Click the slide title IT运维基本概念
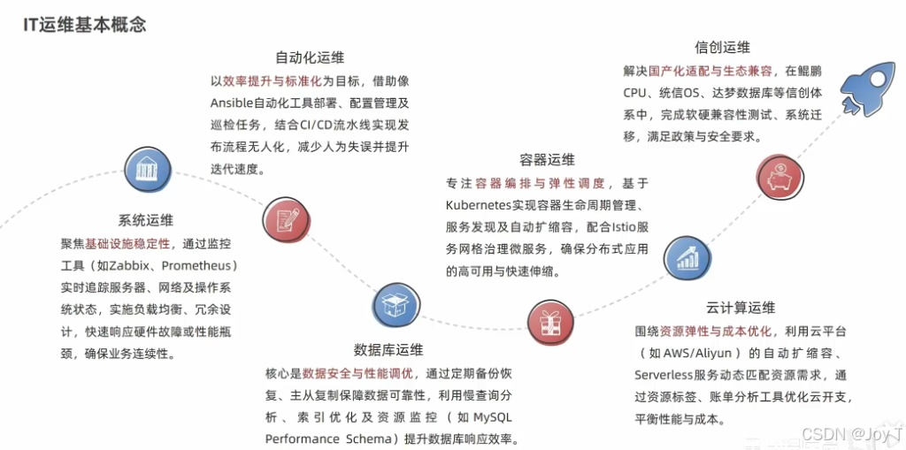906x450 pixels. coord(85,24)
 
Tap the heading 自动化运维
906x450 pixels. coord(309,57)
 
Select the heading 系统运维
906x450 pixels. coord(145,220)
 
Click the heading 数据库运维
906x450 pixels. coord(388,350)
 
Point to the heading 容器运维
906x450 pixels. coord(547,160)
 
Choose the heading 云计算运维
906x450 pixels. coord(741,308)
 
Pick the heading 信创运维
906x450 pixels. coord(722,47)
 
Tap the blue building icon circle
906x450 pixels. coord(142,169)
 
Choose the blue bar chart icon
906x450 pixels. coord(687,257)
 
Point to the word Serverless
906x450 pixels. coord(668,375)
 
